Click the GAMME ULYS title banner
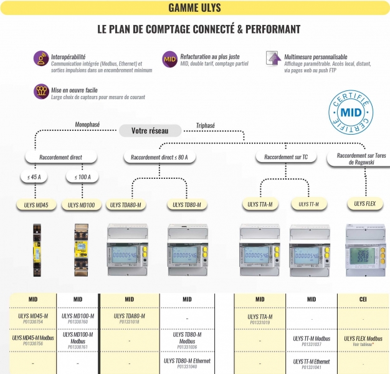pos(194,8)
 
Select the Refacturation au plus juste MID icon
pos(169,59)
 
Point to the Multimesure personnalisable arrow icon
pos(273,59)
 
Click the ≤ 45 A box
pos(34,178)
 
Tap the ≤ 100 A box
pos(82,178)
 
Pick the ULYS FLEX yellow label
pos(364,203)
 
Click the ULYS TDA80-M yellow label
pos(125,204)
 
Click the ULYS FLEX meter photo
pos(364,249)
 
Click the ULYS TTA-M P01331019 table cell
pos(260,319)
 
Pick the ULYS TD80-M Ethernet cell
pos(187,363)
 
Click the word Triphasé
pos(205,125)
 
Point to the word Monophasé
pos(87,123)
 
